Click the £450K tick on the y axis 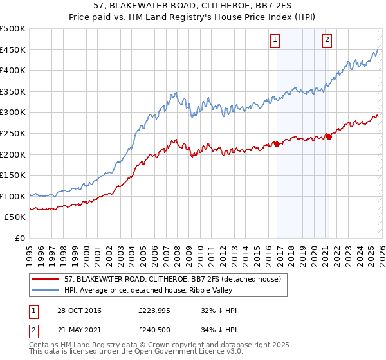(13, 50)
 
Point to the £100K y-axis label (13, 196)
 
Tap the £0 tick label (20, 238)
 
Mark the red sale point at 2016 (277, 144)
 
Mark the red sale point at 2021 (329, 136)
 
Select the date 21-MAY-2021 (82, 330)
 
